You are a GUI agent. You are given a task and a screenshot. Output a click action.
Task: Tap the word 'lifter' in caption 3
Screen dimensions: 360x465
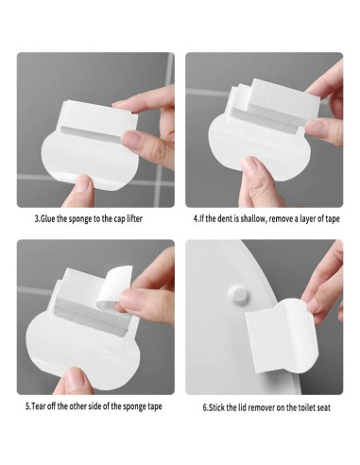tap(134, 218)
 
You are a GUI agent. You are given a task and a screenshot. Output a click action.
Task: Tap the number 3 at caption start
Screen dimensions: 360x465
tap(37, 218)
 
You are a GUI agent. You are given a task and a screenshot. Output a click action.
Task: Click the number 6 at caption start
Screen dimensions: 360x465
tap(205, 407)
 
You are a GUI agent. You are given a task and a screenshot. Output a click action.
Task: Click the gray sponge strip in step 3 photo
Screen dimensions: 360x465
tap(91, 134)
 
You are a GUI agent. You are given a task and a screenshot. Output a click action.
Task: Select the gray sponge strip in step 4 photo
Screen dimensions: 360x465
tap(268, 116)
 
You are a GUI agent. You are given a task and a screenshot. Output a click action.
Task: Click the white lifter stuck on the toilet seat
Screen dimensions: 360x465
tap(282, 336)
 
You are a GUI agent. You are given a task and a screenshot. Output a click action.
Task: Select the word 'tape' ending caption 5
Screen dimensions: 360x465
tap(155, 406)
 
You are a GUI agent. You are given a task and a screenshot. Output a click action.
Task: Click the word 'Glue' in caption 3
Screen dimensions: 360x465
tap(47, 218)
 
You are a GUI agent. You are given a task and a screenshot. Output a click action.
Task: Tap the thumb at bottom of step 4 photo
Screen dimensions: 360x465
tap(256, 182)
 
